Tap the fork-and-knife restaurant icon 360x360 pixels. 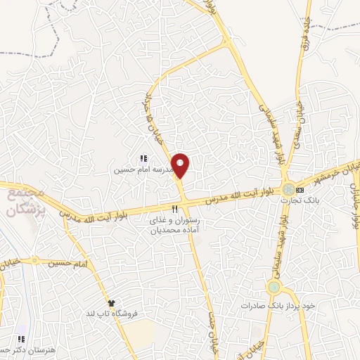[174, 209]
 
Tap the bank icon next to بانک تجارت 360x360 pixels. [300, 190]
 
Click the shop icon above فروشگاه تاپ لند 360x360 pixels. [110, 302]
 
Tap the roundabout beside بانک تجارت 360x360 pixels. [288, 189]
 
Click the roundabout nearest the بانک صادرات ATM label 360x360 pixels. [274, 288]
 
